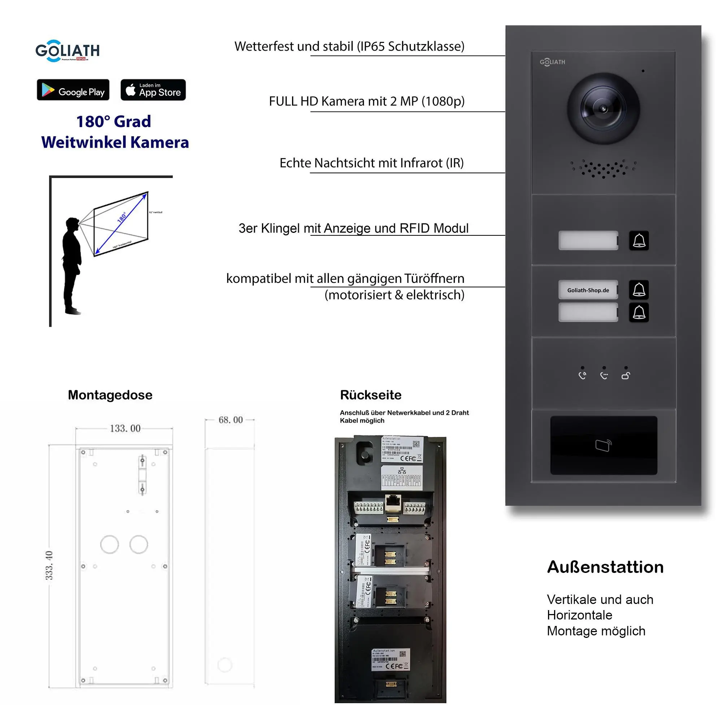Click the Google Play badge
(73, 90)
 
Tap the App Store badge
(153, 90)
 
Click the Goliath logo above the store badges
(68, 51)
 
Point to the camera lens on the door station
(603, 109)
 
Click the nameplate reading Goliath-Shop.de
(588, 290)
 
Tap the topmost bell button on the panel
(639, 240)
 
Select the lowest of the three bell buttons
(639, 312)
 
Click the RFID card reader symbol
(603, 445)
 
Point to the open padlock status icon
(626, 375)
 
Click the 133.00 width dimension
(125, 428)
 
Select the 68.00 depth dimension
(231, 420)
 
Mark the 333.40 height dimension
(49, 565)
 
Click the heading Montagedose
(110, 395)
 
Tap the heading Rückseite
(371, 395)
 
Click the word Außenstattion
(605, 567)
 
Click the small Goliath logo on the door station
(552, 62)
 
